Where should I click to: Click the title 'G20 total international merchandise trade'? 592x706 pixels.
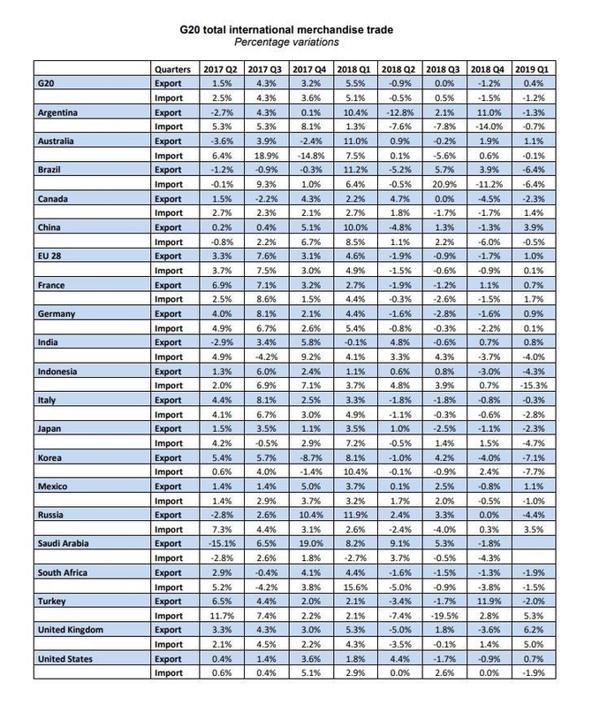click(x=296, y=28)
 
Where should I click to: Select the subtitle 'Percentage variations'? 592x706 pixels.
click(x=296, y=42)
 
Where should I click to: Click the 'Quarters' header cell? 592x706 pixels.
click(x=171, y=68)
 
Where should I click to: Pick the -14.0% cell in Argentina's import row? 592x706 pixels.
click(x=488, y=127)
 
